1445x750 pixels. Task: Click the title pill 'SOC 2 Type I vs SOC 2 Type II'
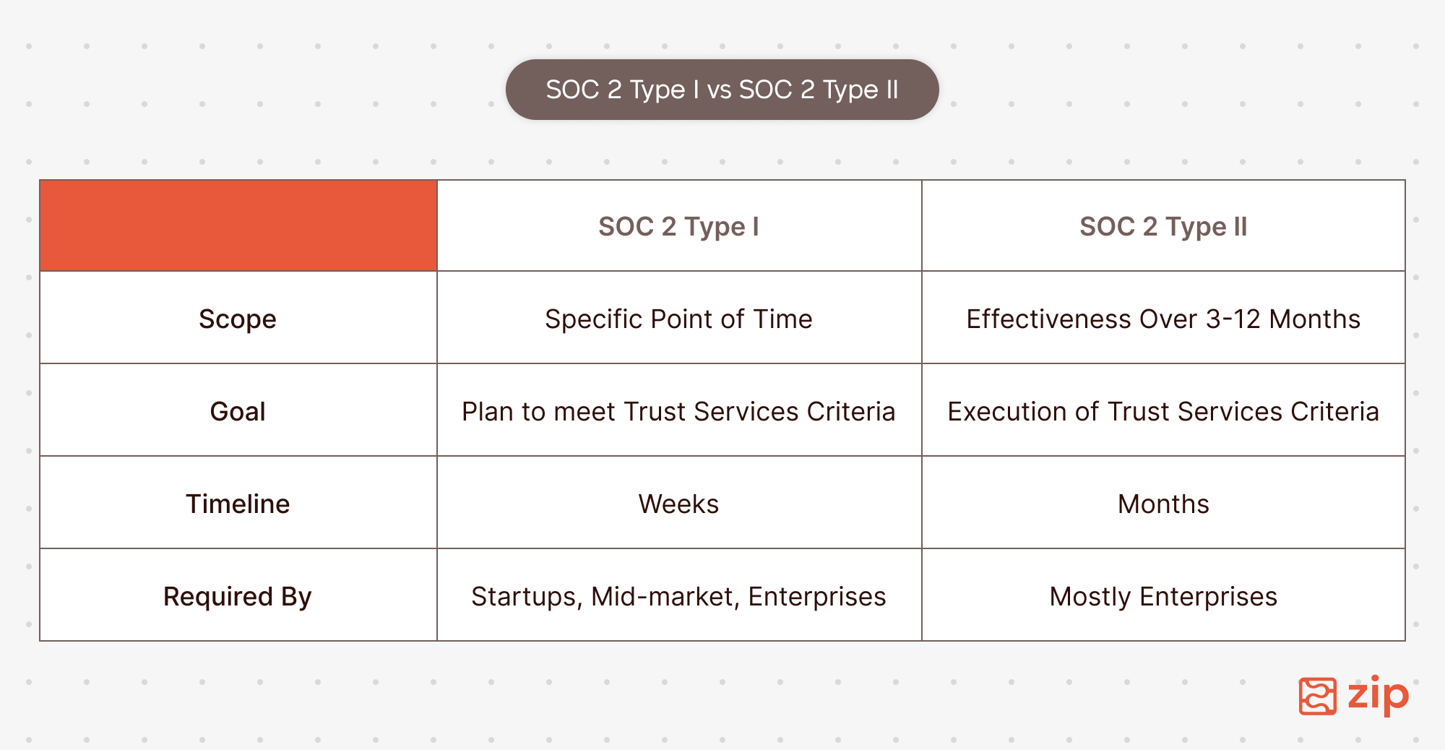[722, 90]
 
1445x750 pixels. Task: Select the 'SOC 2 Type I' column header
[679, 226]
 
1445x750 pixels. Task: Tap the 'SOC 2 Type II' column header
[1163, 226]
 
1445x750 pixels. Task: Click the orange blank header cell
[238, 225]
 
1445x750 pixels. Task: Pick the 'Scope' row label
[238, 319]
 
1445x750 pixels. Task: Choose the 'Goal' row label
[238, 411]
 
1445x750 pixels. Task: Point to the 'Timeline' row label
[238, 504]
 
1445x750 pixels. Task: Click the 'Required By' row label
[238, 597]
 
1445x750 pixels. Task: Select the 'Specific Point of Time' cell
[679, 319]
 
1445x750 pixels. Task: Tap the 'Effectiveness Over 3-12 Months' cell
[1163, 319]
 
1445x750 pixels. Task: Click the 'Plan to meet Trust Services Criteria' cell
[679, 411]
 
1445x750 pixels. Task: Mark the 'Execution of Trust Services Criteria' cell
[1163, 411]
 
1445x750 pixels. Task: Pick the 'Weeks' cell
[679, 504]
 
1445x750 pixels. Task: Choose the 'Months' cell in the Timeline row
[1163, 504]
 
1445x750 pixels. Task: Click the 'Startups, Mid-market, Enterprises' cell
[679, 597]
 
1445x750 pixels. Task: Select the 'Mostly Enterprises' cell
[1163, 597]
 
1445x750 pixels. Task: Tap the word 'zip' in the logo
[1379, 696]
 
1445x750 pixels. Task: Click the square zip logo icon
[1318, 697]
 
